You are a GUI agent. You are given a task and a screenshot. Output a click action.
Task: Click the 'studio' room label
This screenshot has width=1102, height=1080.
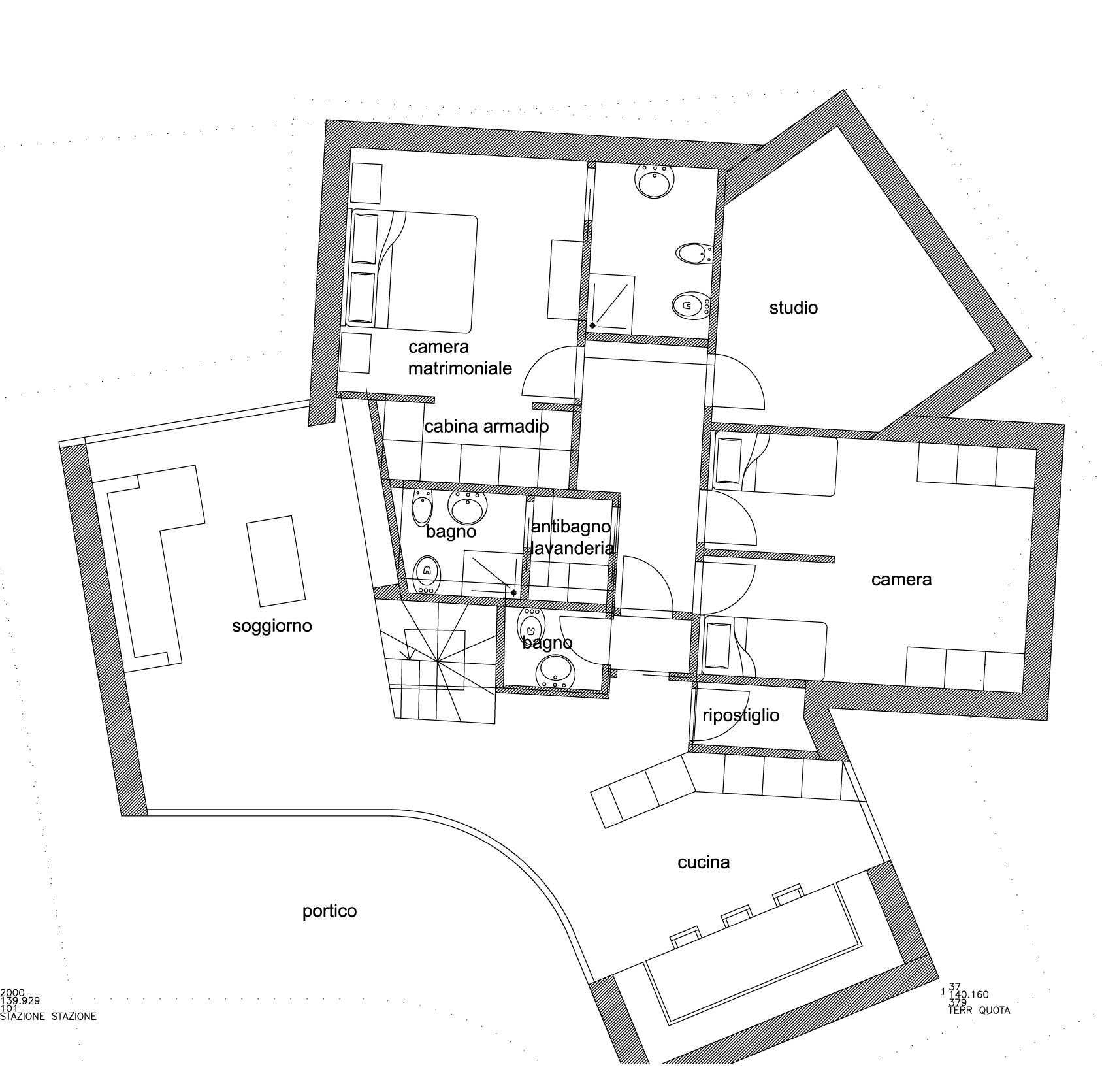point(793,308)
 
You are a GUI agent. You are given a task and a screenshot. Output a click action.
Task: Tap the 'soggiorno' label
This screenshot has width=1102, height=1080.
point(272,627)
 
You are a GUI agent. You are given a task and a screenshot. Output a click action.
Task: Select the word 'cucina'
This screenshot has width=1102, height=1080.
point(704,862)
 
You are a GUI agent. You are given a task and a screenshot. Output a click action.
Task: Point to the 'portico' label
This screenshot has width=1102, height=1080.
point(329,911)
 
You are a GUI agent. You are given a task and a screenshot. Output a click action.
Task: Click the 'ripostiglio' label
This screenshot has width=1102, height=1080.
point(741,715)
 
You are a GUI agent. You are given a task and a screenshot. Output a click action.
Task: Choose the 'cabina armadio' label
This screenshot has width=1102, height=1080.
point(486,427)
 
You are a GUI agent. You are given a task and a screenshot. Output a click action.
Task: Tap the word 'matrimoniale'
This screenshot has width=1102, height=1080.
point(460,368)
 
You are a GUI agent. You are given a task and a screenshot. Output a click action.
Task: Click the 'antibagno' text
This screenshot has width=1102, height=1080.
point(571,527)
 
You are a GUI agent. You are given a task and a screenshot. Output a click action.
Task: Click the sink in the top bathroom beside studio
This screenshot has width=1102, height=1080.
point(655,180)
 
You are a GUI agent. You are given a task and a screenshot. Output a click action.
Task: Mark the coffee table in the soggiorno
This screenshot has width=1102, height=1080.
point(276,561)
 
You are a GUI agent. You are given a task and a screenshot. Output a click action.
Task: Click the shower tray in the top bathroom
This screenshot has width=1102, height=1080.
point(611,303)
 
